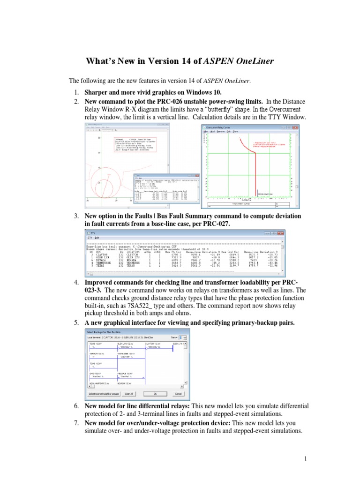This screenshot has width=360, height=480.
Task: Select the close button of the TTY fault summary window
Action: [x=280, y=233]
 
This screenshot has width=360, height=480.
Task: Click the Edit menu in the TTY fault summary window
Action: [x=98, y=238]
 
